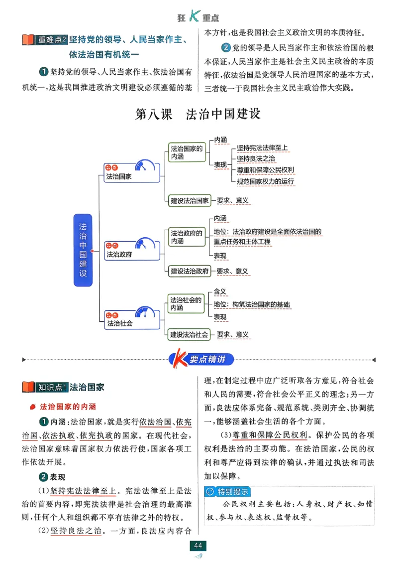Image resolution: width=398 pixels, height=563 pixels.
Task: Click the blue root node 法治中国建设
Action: click(x=83, y=250)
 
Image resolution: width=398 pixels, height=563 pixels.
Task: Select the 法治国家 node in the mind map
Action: click(x=119, y=176)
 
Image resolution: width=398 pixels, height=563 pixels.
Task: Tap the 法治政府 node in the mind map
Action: click(x=119, y=254)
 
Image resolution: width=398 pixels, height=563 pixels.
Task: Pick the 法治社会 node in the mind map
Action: click(x=119, y=323)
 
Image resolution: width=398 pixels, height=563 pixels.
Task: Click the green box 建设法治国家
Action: click(x=189, y=201)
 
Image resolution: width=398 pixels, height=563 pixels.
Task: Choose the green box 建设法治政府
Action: click(x=189, y=271)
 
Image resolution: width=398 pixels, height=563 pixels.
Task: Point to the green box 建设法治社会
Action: click(x=189, y=334)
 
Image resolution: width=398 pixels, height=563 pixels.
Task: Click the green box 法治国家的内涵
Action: click(x=187, y=152)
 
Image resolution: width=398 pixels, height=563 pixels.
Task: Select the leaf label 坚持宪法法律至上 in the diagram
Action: click(x=262, y=148)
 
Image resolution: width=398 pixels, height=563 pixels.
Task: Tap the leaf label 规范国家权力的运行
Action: click(x=266, y=181)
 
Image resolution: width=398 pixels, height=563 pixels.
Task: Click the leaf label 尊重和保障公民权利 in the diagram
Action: click(x=266, y=170)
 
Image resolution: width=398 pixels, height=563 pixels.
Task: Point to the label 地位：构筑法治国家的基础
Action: click(x=252, y=304)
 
